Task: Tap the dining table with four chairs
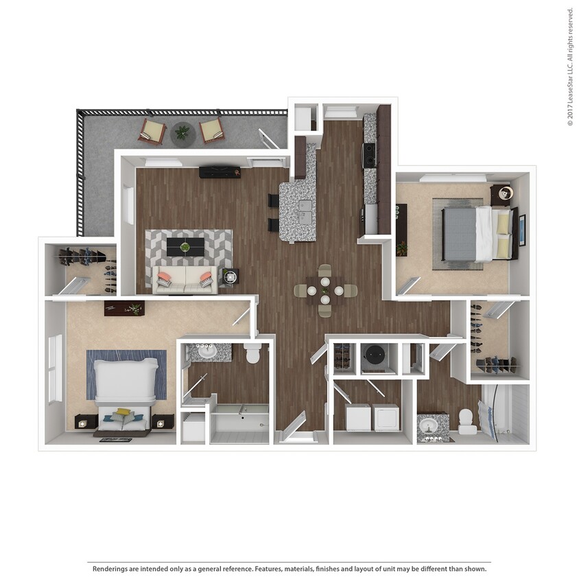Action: point(325,290)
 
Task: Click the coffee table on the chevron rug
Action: point(185,247)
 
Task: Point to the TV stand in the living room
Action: point(220,172)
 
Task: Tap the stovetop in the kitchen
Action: point(370,155)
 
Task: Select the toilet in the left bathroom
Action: point(252,353)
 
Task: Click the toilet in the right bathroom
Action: point(467,421)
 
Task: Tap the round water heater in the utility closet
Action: point(375,356)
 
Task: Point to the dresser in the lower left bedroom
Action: point(124,308)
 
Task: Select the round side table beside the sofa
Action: point(230,276)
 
